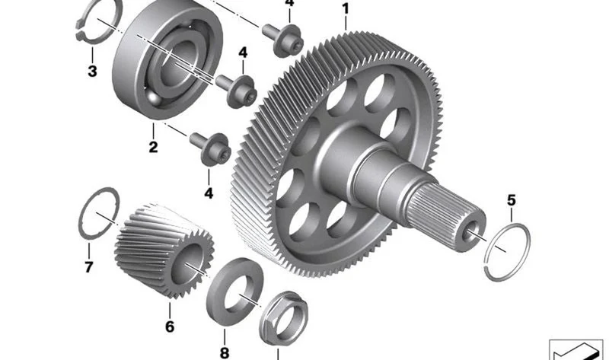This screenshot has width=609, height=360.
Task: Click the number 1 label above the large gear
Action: pyautogui.click(x=346, y=8)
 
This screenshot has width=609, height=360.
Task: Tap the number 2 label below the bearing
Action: pyautogui.click(x=154, y=147)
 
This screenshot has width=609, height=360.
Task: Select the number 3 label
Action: pyautogui.click(x=92, y=72)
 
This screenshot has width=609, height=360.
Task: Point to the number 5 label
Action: pyautogui.click(x=512, y=201)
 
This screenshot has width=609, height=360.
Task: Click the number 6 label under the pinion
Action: pyautogui.click(x=170, y=327)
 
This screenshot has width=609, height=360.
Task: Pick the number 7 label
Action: pyautogui.click(x=88, y=267)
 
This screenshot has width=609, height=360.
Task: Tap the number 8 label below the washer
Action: pyautogui.click(x=225, y=353)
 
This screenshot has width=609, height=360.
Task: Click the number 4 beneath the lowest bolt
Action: pyautogui.click(x=209, y=193)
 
